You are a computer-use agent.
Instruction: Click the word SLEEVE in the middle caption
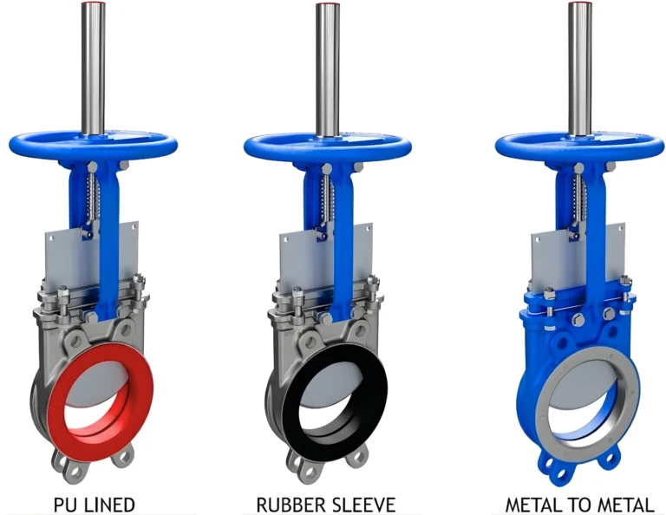pos(361,504)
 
